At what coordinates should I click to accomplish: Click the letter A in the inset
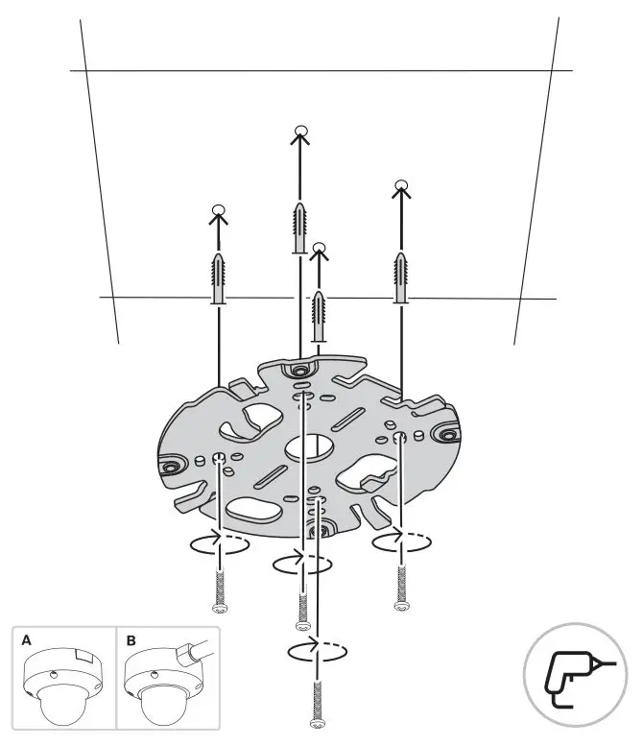27,638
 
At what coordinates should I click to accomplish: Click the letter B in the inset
131,638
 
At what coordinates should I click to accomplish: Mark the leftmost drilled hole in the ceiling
218,210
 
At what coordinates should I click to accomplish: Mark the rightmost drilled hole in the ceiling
401,184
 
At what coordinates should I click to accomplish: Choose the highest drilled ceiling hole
300,132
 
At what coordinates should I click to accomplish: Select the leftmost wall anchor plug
218,279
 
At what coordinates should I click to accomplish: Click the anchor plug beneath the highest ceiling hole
300,229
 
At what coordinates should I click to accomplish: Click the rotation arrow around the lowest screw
316,651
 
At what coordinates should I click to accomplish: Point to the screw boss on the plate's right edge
446,435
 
